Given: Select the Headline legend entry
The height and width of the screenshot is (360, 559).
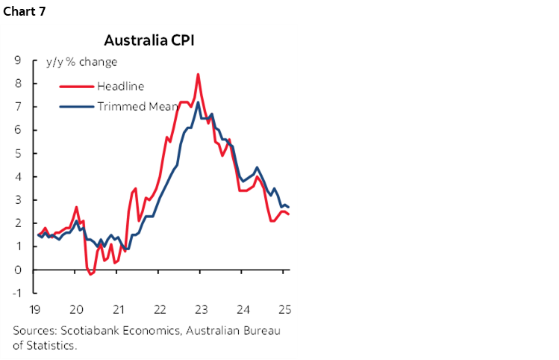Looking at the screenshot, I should [x=121, y=87].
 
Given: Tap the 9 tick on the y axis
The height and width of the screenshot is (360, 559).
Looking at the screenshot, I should [x=16, y=60].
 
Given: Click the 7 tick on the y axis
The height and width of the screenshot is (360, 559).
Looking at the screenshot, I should [x=16, y=107].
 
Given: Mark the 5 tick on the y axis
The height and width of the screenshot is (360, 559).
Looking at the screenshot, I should [x=16, y=154].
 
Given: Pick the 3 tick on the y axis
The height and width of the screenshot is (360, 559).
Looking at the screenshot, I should [x=16, y=200].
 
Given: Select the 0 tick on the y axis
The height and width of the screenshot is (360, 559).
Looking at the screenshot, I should [x=16, y=270].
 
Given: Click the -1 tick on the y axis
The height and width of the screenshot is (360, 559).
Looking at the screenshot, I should [x=15, y=293].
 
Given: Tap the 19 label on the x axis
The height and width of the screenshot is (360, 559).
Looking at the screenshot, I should [x=34, y=308].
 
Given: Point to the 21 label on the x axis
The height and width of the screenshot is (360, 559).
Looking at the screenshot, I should [x=117, y=308].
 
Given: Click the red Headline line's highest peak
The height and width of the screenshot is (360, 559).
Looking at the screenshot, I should [x=197, y=74].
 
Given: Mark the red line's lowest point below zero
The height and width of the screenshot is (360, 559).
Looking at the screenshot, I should [x=91, y=274].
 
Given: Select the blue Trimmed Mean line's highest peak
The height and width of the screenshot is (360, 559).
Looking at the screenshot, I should [x=197, y=103].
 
